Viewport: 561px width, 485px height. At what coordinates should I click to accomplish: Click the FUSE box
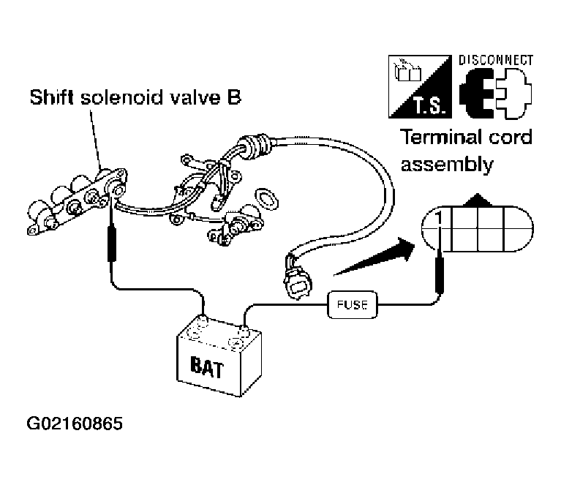pos(353,304)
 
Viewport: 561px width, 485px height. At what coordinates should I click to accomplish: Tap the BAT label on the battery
pos(207,367)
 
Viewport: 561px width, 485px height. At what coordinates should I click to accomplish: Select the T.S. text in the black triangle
pos(430,106)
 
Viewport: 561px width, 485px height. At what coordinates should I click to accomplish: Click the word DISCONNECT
pos(496,60)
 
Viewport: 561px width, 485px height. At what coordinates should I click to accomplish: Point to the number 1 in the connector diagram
pos(439,218)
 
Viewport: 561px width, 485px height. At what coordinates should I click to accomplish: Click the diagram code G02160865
pos(75,424)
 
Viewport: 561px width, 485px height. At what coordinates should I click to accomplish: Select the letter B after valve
pos(234,97)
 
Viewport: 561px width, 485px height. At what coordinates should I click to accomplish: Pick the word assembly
pos(447,165)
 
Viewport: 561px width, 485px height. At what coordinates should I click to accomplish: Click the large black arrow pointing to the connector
pos(374,256)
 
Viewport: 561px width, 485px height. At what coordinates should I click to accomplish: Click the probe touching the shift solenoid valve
pos(112,238)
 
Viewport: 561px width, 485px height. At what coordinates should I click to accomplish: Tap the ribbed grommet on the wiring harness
pos(257,146)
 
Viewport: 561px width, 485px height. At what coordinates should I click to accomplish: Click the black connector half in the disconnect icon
pos(477,94)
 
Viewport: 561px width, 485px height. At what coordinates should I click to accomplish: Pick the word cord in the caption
pos(511,137)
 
